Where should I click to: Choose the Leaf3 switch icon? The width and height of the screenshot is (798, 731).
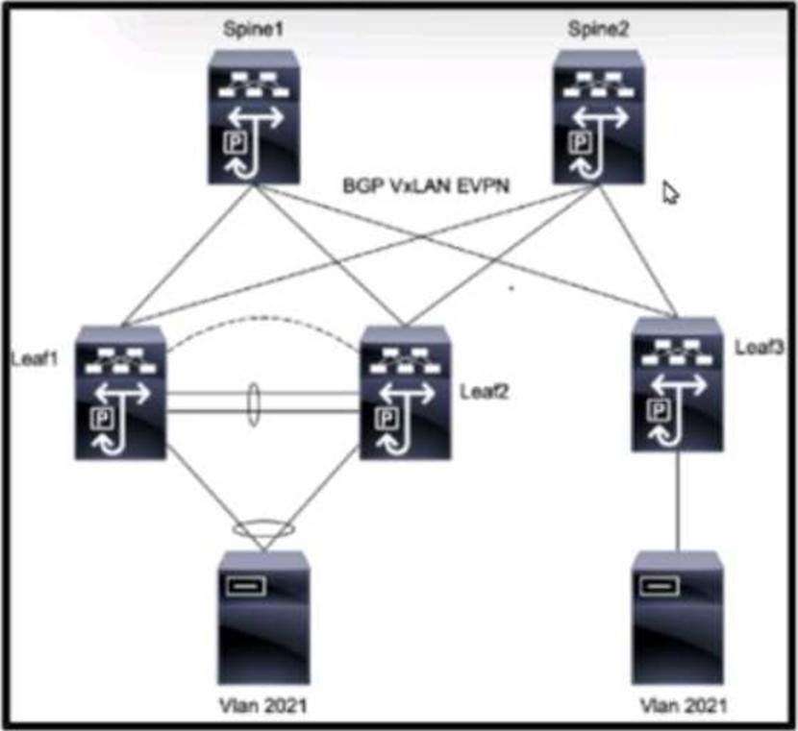[678, 384]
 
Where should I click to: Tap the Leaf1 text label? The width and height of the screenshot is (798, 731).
[35, 358]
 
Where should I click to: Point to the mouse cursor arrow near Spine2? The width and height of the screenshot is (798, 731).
[670, 192]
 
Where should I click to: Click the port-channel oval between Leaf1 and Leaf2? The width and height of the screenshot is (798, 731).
[254, 403]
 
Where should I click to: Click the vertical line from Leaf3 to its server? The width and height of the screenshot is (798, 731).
[677, 500]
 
